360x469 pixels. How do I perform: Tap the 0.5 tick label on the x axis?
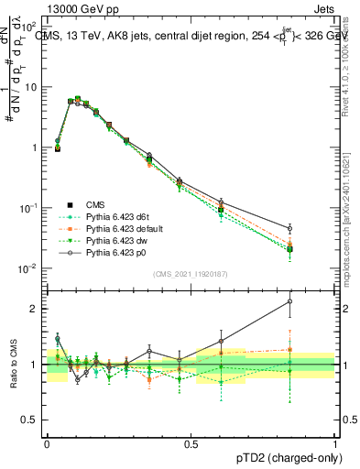pos(191,442)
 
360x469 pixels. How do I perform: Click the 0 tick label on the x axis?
pos(47,442)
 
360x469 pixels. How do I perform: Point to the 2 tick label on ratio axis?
pos(35,309)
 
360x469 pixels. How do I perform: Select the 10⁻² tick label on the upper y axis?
pos(30,268)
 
